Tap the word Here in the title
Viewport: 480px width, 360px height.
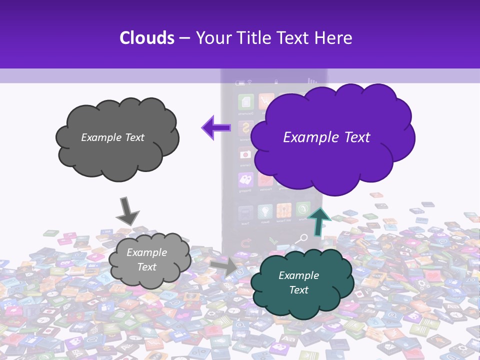tap(333, 38)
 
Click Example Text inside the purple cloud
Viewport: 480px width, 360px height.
tap(326, 137)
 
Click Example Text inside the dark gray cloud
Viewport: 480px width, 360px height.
tap(112, 137)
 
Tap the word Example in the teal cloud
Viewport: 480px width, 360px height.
tap(298, 275)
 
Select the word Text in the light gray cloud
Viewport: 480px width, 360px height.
tap(146, 267)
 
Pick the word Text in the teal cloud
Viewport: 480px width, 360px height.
tap(298, 290)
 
